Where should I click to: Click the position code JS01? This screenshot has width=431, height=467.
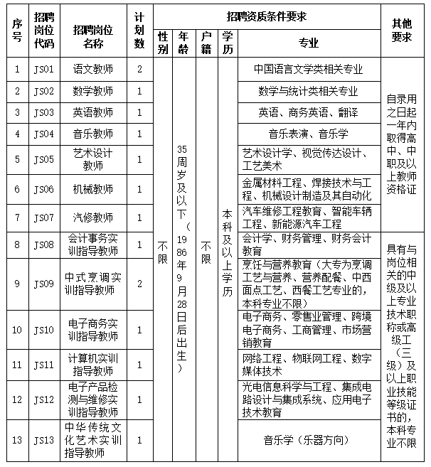point(43,70)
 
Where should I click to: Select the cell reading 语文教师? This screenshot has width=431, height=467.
point(92,70)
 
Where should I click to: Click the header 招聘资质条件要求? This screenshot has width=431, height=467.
point(267,15)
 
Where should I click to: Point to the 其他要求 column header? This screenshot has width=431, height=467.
point(402,31)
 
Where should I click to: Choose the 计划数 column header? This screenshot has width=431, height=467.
point(139,31)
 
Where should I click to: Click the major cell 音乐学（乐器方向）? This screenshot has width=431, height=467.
point(308,439)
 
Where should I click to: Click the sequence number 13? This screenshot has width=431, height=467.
point(18,439)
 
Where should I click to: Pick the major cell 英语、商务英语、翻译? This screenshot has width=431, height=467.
point(308,112)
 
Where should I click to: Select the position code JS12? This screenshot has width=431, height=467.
point(43,400)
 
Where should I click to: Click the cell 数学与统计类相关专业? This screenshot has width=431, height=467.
point(308,91)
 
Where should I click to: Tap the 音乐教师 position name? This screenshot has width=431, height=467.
point(92,134)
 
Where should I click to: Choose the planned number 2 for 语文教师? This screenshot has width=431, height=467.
point(139,70)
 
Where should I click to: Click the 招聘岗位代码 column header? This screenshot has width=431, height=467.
point(43,31)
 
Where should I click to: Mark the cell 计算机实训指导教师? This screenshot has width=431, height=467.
point(92,364)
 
